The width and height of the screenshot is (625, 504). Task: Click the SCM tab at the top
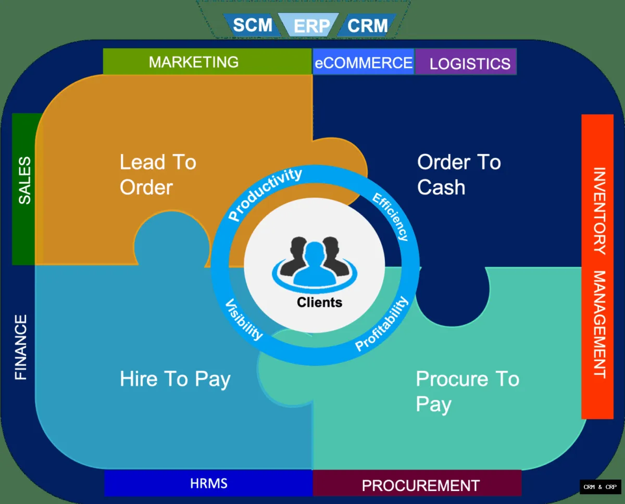click(252, 25)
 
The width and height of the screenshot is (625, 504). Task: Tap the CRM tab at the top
click(368, 25)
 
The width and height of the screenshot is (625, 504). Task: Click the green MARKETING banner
click(194, 62)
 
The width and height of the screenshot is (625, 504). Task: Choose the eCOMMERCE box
click(364, 63)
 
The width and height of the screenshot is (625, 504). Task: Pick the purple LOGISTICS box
click(470, 64)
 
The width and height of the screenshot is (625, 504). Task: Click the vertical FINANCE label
click(21, 347)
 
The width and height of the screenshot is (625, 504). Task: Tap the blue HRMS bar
click(208, 483)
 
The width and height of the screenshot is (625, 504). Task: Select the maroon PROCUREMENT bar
click(420, 485)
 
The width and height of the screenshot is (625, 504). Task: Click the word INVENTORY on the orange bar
click(599, 210)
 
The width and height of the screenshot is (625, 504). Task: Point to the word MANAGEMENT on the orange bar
click(599, 324)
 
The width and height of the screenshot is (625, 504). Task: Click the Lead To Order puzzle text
click(157, 174)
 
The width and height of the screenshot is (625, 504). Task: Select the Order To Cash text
click(458, 174)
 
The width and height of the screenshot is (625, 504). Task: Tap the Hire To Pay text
click(175, 379)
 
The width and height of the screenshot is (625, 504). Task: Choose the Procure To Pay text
click(467, 391)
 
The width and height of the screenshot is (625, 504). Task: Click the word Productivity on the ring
click(265, 194)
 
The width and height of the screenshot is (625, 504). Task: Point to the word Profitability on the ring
click(382, 323)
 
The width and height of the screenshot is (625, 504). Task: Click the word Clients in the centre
click(319, 302)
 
